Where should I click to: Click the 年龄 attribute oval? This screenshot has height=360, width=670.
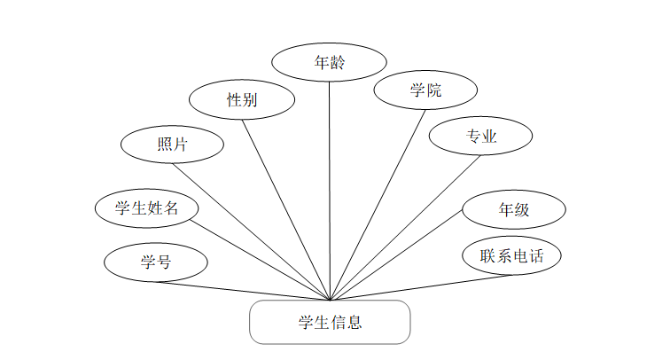[329, 63]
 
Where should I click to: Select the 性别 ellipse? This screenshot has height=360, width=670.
[242, 100]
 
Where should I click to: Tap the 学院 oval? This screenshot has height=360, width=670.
[425, 90]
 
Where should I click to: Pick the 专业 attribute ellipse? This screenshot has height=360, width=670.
[480, 137]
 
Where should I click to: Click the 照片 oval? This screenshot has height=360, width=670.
[172, 145]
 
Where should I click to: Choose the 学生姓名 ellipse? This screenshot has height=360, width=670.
[147, 208]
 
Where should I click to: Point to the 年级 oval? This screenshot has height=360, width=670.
[514, 210]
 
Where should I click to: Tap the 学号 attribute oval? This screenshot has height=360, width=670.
[156, 262]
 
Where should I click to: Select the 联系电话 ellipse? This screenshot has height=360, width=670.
[511, 256]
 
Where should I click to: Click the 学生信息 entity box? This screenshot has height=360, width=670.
[330, 322]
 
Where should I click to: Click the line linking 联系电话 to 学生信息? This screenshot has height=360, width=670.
[421, 287]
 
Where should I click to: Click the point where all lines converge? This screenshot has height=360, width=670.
[330, 301]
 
